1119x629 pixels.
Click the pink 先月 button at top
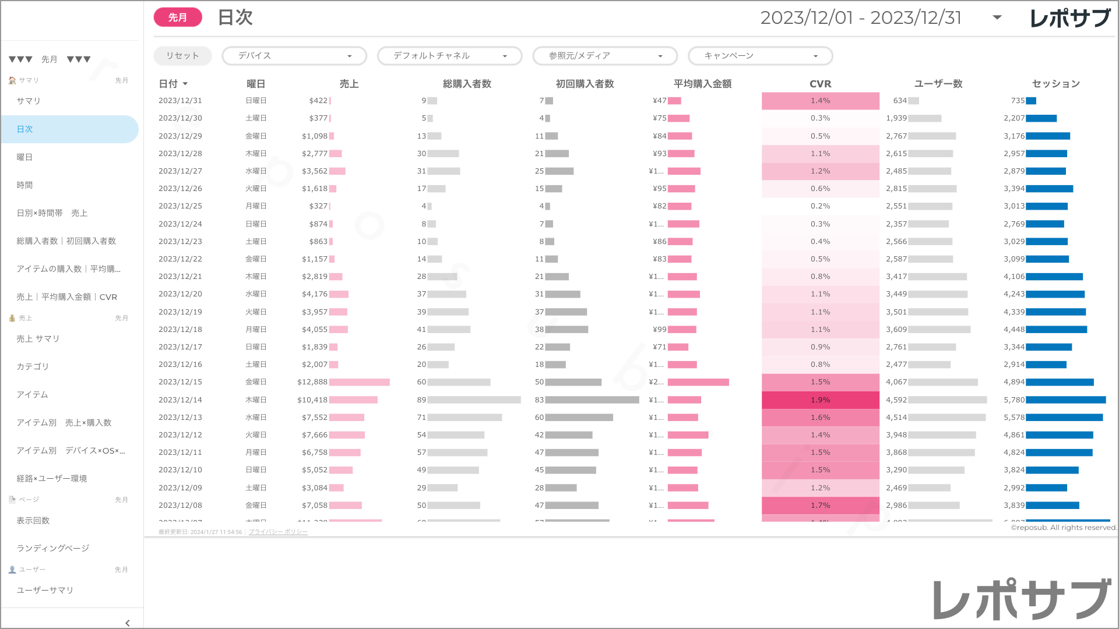pyautogui.click(x=178, y=17)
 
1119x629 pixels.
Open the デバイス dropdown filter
pyautogui.click(x=294, y=56)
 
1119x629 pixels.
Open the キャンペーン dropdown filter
pyautogui.click(x=760, y=56)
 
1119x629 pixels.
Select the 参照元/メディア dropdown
pyautogui.click(x=605, y=56)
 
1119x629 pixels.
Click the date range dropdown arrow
pyautogui.click(x=997, y=17)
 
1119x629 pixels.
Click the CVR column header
pyautogui.click(x=820, y=84)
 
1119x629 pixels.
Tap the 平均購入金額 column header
pyautogui.click(x=702, y=84)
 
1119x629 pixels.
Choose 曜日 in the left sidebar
pyautogui.click(x=24, y=157)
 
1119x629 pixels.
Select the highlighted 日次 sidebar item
pyautogui.click(x=24, y=129)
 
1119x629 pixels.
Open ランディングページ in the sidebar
pyautogui.click(x=53, y=548)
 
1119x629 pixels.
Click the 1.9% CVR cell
pyautogui.click(x=820, y=400)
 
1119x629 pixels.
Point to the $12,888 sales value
pyautogui.click(x=312, y=382)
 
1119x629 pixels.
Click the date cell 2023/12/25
pyautogui.click(x=180, y=206)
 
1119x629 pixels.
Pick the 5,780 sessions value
pyautogui.click(x=1014, y=400)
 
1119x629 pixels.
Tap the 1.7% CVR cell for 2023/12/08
pyautogui.click(x=820, y=506)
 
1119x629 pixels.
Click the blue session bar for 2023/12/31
pyautogui.click(x=1031, y=101)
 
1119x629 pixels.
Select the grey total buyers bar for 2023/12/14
pyautogui.click(x=474, y=400)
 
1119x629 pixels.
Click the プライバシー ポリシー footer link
pyautogui.click(x=278, y=532)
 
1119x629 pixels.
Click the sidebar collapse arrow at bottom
pyautogui.click(x=128, y=623)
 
